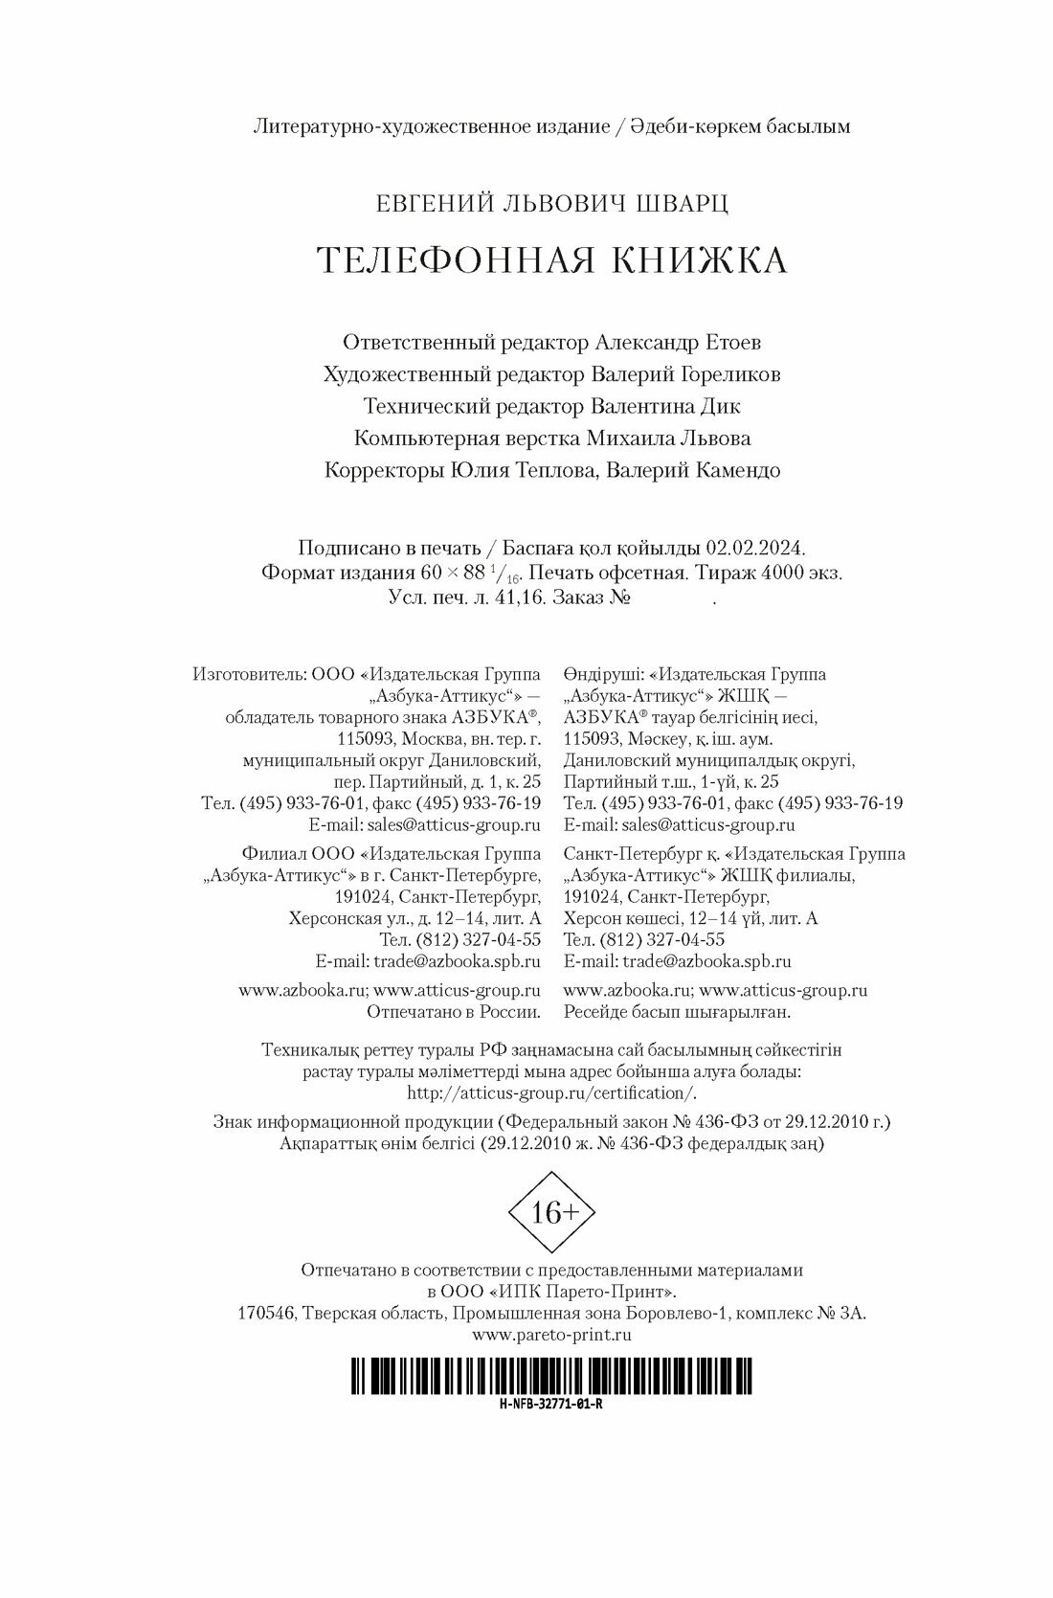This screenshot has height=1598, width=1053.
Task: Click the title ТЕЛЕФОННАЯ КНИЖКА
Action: [x=552, y=260]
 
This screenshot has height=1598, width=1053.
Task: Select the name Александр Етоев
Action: [x=679, y=342]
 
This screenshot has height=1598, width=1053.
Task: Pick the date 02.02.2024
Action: [x=755, y=549]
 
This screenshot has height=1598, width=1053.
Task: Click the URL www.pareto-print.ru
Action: [x=552, y=1334]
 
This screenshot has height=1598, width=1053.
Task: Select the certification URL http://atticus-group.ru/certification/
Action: [x=552, y=1092]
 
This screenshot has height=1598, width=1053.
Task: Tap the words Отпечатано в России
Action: [x=454, y=1011]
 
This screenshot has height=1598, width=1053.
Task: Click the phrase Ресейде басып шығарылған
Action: [x=678, y=1011]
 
